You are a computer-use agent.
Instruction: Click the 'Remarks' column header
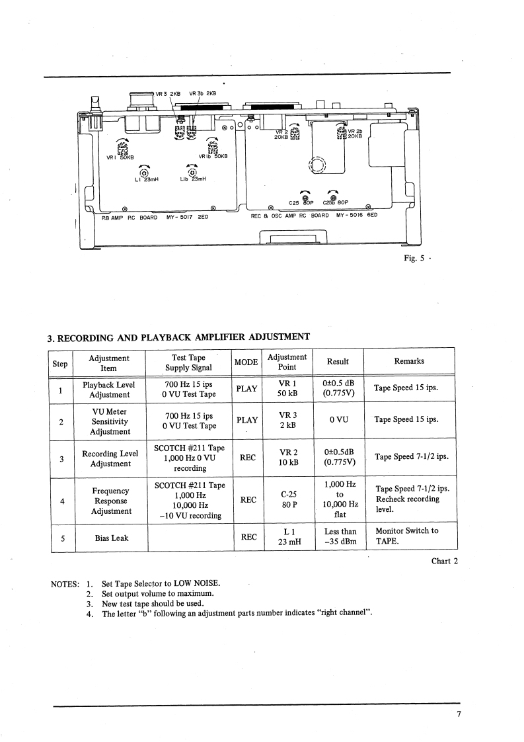[409, 361]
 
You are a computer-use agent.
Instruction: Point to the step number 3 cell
[61, 458]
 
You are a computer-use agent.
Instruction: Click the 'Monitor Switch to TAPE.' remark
[406, 536]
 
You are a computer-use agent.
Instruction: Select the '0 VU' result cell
[340, 419]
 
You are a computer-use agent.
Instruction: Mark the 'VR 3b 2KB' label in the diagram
[203, 93]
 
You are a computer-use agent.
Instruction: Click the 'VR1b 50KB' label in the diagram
[213, 157]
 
